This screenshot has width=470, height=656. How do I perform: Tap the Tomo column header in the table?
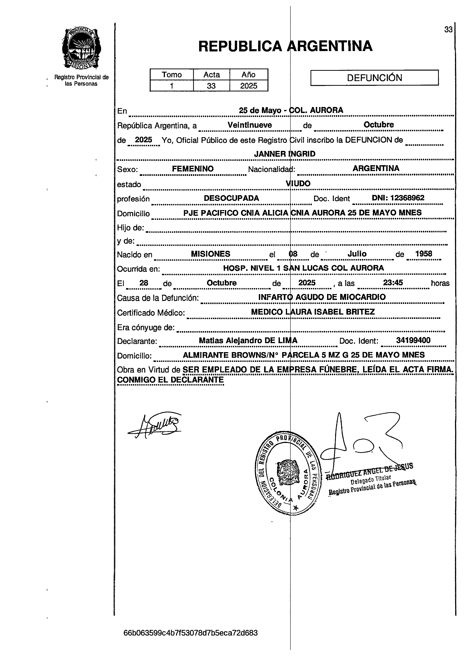[x=172, y=75]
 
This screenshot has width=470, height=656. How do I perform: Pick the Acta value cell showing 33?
[x=211, y=86]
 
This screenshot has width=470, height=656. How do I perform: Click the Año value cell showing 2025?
[x=249, y=86]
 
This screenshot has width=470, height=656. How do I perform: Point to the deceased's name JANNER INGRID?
[x=284, y=154]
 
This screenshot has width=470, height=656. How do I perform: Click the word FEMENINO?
[x=193, y=169]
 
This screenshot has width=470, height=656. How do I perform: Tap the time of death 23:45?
[x=393, y=282]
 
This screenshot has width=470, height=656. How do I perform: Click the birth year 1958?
[x=423, y=254]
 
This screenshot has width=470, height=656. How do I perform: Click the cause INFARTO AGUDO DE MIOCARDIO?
[x=322, y=297]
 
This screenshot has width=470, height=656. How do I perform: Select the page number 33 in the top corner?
[x=448, y=30]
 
